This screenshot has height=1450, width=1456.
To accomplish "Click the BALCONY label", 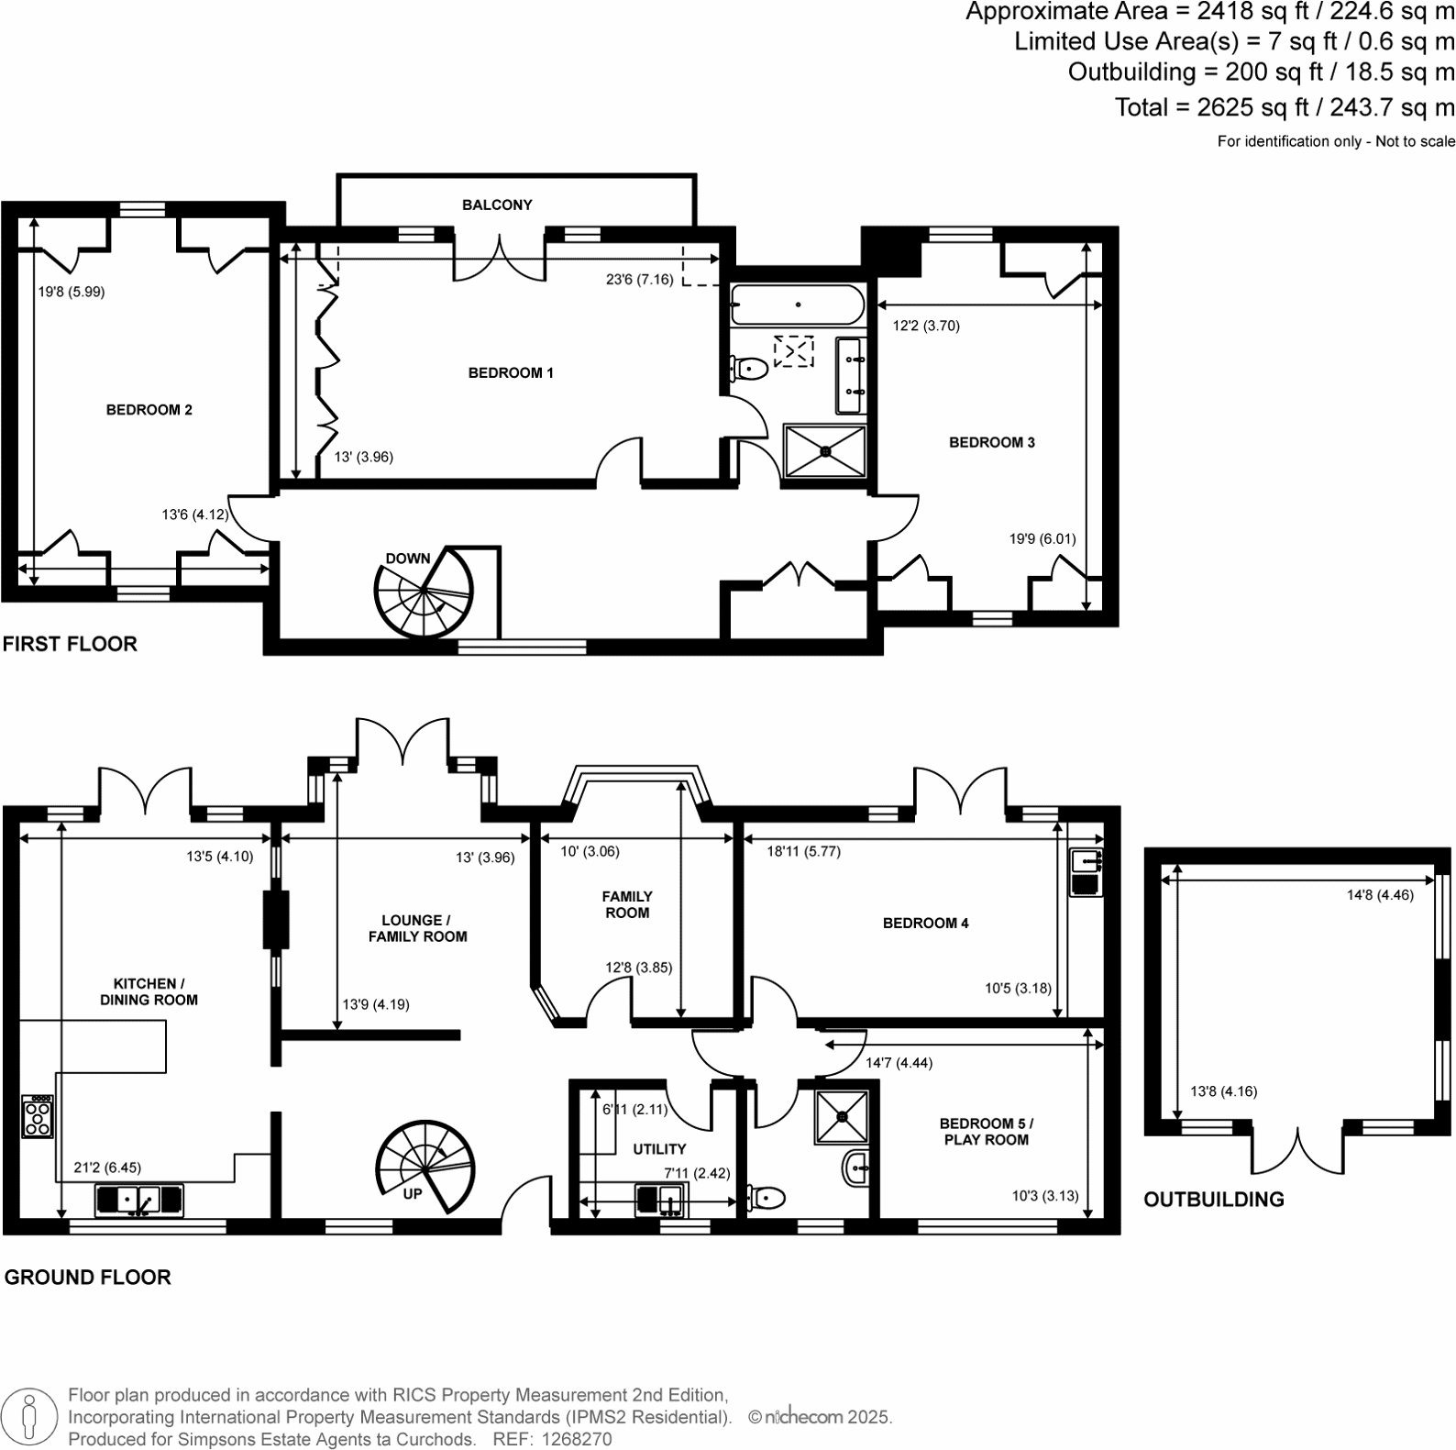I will coord(497,205).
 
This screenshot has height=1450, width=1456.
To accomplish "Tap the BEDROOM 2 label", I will coord(149,410).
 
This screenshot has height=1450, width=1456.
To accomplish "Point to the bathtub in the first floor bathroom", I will coord(797,304).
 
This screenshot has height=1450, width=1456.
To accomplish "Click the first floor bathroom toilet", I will coord(748,369).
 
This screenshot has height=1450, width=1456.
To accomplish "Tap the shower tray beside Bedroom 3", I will coord(825,450).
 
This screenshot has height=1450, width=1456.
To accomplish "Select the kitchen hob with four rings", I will coord(38,1116).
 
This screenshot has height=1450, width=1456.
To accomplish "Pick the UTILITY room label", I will coord(659,1149).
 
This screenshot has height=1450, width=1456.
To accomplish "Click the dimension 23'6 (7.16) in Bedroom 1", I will coord(639,280).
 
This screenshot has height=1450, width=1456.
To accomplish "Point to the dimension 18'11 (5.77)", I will coord(803,851).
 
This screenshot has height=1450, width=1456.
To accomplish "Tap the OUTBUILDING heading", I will coord(1213,1200).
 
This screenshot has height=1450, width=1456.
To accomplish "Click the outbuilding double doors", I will coord(1297,1149).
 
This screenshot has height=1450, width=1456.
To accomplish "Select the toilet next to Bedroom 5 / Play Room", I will coord(767,1198).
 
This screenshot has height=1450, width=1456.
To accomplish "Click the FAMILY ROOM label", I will coord(627,904).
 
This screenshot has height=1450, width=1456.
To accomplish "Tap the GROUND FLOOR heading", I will coord(87,1278).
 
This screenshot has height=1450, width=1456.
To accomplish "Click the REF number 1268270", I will coord(579,1439).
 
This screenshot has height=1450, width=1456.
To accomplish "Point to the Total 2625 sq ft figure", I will coord(1284,107).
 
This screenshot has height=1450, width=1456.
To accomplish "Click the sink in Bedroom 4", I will coord(1087,861).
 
